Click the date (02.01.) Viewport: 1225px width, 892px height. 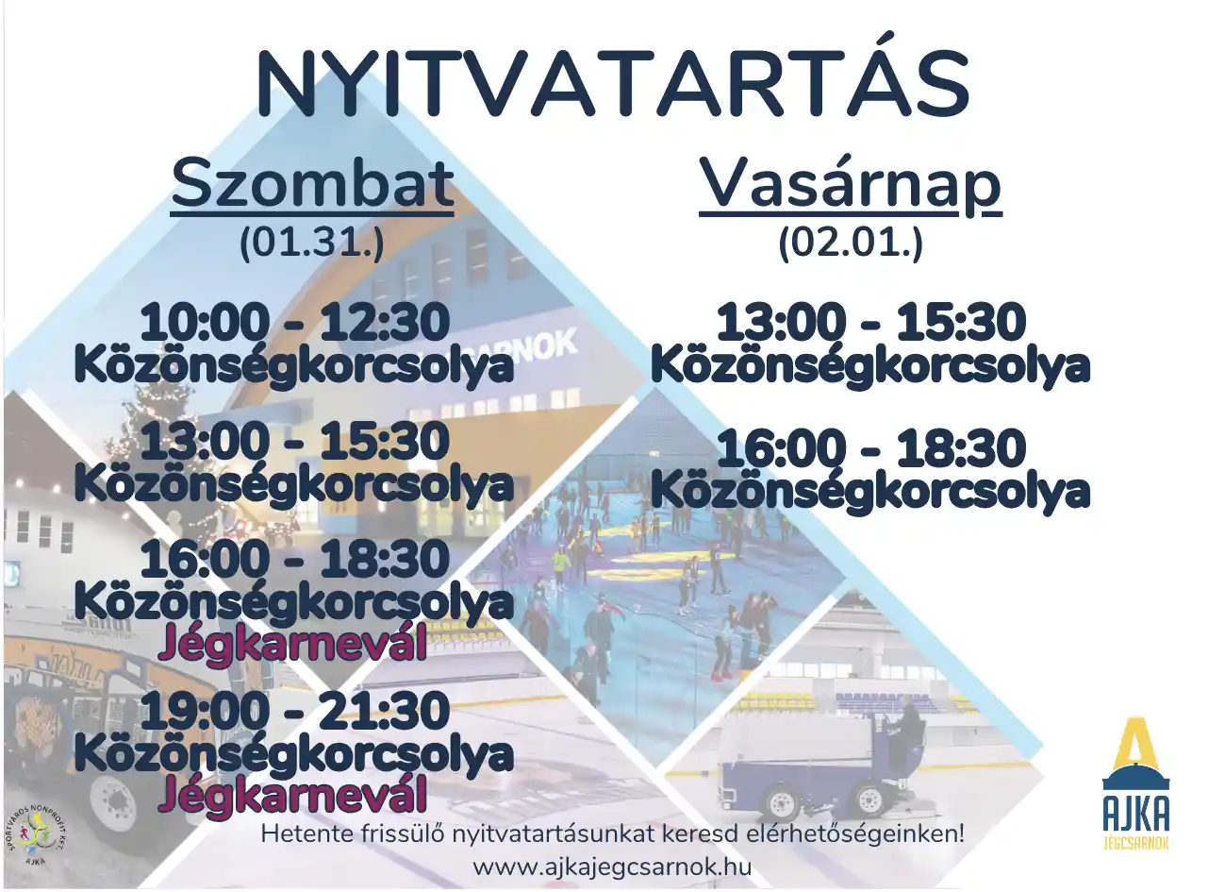(x=851, y=244)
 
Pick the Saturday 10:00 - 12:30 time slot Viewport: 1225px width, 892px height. (x=295, y=322)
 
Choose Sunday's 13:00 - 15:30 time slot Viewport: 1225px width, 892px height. (x=870, y=322)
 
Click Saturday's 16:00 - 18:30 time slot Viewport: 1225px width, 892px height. (x=295, y=559)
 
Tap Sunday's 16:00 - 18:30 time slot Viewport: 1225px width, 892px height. (x=870, y=447)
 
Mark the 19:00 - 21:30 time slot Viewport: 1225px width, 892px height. (x=295, y=710)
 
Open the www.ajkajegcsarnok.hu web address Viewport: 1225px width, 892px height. (x=612, y=867)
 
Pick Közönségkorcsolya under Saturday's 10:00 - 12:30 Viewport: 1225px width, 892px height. (x=294, y=366)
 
